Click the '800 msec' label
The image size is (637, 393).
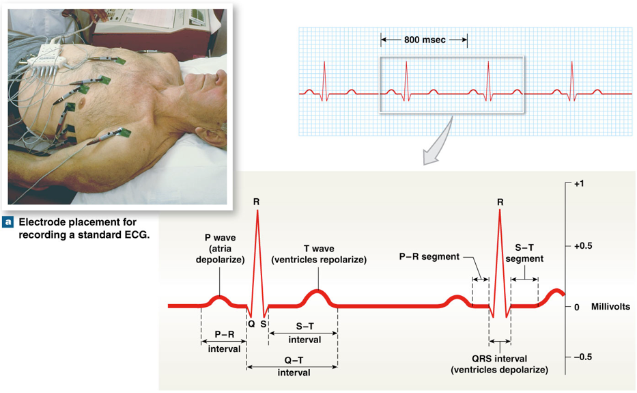pyautogui.click(x=424, y=40)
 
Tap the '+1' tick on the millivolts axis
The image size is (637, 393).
pyautogui.click(x=580, y=184)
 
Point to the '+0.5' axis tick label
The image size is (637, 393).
pyautogui.click(x=583, y=245)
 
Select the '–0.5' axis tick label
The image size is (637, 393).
pyautogui.click(x=583, y=357)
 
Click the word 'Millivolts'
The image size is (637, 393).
pyautogui.click(x=611, y=307)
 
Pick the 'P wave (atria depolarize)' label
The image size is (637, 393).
pyautogui.click(x=217, y=249)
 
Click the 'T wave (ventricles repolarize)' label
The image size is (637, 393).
pyautogui.click(x=319, y=254)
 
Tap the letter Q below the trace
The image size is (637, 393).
pyautogui.click(x=251, y=324)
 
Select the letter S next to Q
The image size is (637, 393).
pyautogui.click(x=264, y=324)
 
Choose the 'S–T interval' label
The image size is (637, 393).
pyautogui.click(x=305, y=334)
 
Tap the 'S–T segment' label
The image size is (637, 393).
pyautogui.click(x=524, y=254)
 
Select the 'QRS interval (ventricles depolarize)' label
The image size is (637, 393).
pyautogui.click(x=500, y=364)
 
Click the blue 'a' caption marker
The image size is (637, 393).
pyautogui.click(x=8, y=222)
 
